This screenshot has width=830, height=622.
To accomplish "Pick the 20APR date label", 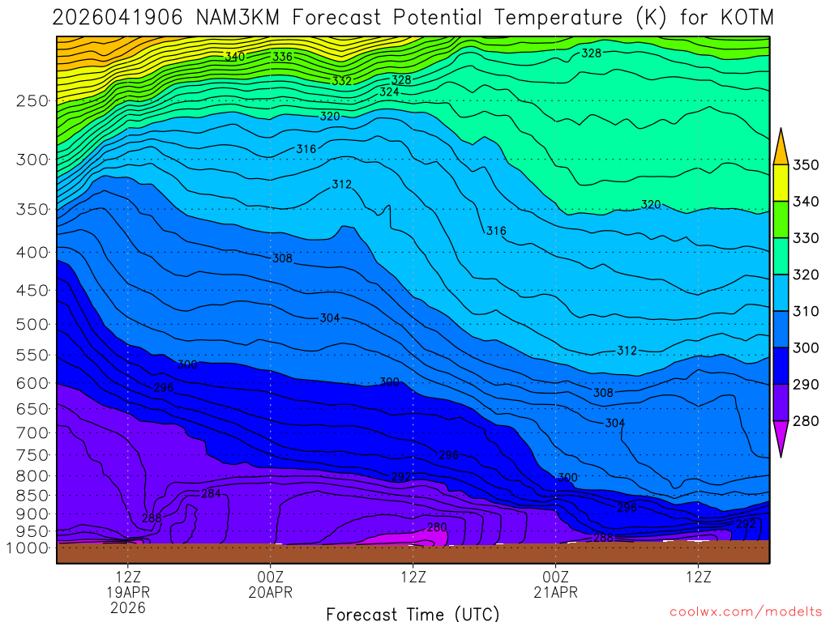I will (x=270, y=592).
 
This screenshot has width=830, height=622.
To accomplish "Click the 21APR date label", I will (x=555, y=592).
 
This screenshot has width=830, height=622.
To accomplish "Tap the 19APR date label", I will (x=128, y=592).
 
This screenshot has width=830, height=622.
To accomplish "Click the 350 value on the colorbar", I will (x=806, y=165).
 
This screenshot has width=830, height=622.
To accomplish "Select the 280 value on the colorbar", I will (x=806, y=421).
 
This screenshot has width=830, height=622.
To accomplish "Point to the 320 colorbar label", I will (x=806, y=275).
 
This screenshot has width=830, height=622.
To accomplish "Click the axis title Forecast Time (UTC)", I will (x=413, y=613).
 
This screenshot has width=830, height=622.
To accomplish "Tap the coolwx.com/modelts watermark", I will (x=745, y=611).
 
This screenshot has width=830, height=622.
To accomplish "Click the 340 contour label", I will (x=235, y=57).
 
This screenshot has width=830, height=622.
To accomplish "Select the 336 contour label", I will (x=282, y=57).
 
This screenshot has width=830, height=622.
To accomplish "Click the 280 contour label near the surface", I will (x=436, y=527).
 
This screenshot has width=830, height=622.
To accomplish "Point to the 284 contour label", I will (x=211, y=493).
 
